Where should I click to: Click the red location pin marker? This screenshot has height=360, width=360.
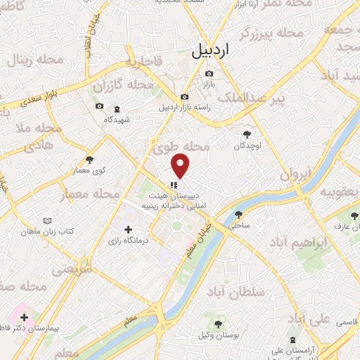(181, 166)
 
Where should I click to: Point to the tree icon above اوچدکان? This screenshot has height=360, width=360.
(247, 134)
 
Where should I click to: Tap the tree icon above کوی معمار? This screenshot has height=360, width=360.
(89, 160)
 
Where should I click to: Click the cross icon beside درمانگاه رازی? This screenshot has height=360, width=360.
(128, 229)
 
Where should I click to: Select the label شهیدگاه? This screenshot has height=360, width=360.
(117, 120)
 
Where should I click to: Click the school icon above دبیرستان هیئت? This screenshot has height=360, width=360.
(174, 185)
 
